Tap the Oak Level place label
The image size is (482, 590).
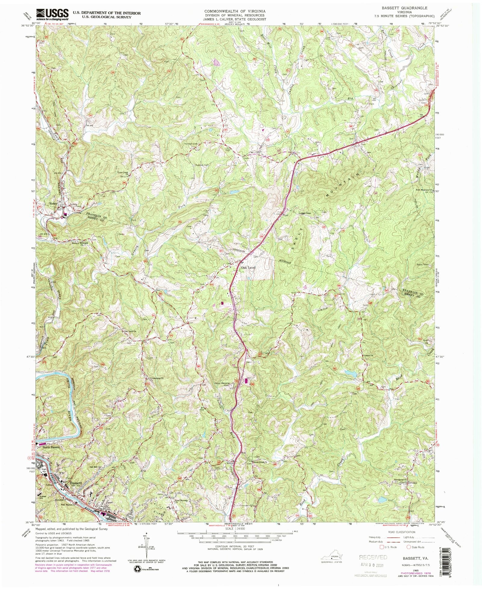(248, 267)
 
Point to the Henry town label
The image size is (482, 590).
(53, 204)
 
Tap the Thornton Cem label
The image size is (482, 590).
(190, 144)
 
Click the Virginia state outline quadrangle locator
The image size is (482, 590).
(331, 557)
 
